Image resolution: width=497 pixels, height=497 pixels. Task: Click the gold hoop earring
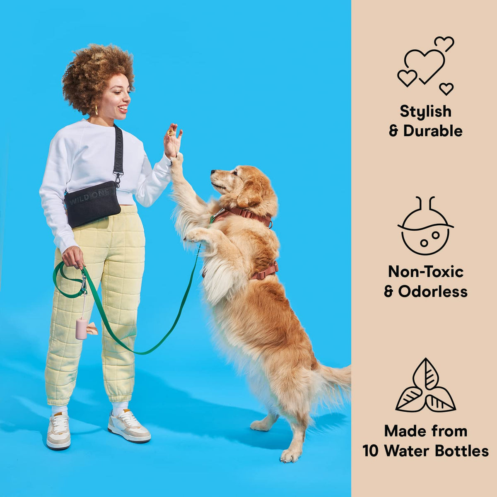[96, 110]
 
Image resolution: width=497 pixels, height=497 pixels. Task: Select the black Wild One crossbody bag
[92, 204]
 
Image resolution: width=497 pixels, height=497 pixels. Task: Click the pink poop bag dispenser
[81, 328]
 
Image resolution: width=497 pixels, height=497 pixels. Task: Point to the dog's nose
[213, 171]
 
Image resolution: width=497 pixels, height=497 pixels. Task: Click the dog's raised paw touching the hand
[177, 160]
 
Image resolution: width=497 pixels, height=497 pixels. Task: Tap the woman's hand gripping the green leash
[73, 257]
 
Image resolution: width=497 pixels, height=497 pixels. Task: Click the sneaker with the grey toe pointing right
[129, 426]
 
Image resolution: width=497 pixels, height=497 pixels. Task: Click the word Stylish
[426, 111]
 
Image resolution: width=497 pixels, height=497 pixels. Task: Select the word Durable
[433, 131]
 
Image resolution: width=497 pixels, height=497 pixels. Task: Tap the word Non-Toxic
[426, 272]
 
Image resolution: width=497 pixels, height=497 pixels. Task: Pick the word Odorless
[433, 292]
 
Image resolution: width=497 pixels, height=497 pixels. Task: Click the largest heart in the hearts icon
[425, 66]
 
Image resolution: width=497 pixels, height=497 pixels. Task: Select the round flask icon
[426, 226]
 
